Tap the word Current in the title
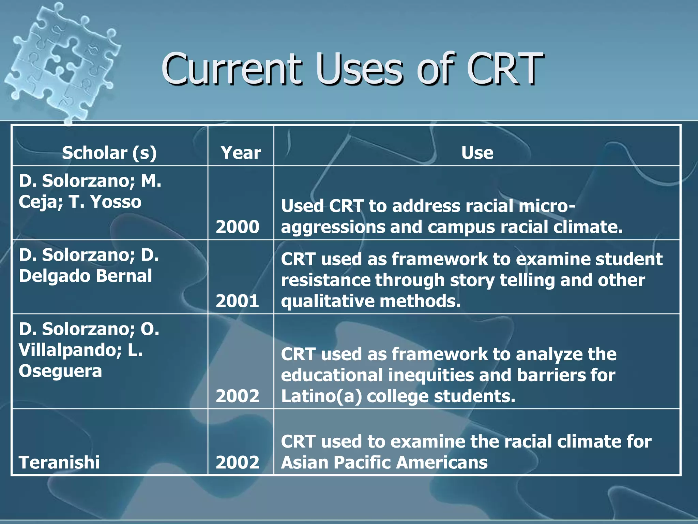[232, 69]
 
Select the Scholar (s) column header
[109, 152]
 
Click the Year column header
[241, 152]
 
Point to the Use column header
[477, 152]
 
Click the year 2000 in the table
[238, 227]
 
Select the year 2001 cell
[238, 301]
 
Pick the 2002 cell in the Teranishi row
[238, 462]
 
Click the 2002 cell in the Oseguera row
[238, 396]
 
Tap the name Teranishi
[59, 462]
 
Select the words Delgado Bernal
[85, 276]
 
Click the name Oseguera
[60, 371]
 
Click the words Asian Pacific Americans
[384, 463]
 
